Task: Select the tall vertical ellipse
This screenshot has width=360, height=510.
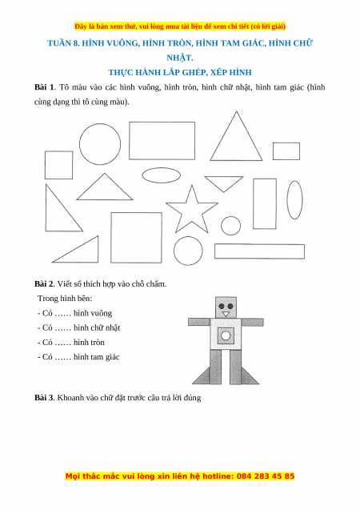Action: coord(294,199)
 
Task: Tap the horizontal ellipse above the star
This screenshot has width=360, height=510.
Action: coord(161,175)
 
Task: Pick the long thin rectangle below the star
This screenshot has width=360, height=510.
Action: coord(260,251)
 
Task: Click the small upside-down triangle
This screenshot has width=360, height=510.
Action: coord(223,182)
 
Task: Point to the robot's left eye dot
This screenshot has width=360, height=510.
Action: coord(222,306)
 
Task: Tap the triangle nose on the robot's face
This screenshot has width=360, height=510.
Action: coord(226,314)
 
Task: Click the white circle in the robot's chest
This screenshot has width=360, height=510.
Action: coord(226,335)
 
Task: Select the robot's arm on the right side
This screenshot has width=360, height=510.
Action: coord(252,322)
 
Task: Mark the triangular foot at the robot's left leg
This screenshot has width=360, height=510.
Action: coord(202,377)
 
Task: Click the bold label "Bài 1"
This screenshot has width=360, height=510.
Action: coord(45,87)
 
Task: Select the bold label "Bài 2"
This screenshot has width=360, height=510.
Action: coord(44,283)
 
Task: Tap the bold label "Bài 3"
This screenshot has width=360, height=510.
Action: coord(44,397)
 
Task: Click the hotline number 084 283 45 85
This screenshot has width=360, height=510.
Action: coord(266,476)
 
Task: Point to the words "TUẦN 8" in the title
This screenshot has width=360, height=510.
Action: coord(63,43)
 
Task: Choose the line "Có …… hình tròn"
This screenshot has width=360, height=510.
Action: coord(71,342)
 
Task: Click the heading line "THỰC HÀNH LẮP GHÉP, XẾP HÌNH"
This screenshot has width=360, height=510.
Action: coord(180,72)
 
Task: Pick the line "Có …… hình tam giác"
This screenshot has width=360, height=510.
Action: coord(78,357)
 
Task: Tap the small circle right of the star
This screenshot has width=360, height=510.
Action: coord(230,226)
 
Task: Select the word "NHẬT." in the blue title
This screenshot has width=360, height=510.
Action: coord(180,58)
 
